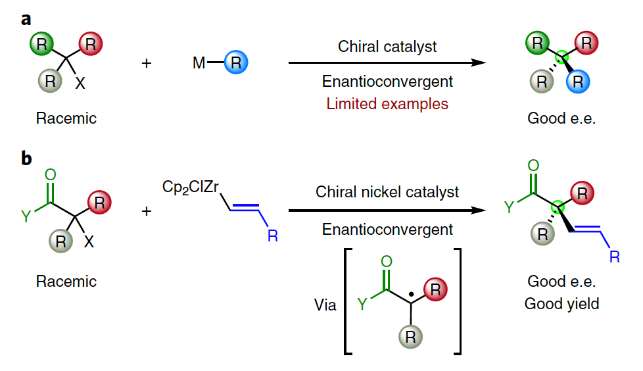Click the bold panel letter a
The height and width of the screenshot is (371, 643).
[x=26, y=18]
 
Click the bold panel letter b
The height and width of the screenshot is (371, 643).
[x=27, y=160]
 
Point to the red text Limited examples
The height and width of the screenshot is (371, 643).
[x=387, y=103]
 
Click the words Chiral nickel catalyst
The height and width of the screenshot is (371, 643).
[x=387, y=192]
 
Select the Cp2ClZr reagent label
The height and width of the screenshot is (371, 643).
[x=190, y=187]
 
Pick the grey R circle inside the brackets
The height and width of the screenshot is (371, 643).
[x=410, y=337]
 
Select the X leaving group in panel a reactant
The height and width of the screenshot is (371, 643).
[x=80, y=84]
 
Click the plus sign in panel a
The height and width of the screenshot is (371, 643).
[x=147, y=63]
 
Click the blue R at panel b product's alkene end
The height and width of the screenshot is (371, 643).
[x=614, y=256]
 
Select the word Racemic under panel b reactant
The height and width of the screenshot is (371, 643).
[x=66, y=282]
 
